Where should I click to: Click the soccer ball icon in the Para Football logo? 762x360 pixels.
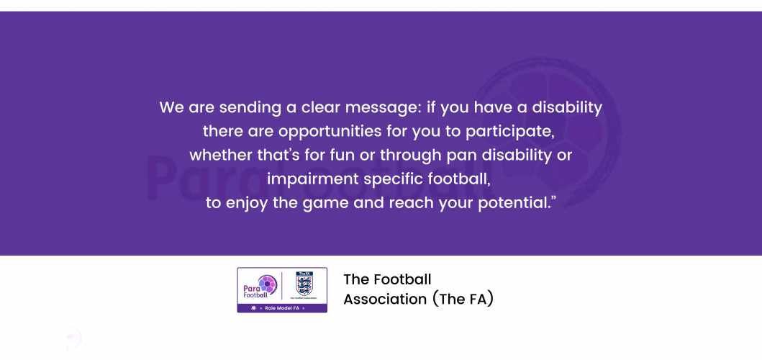pos(267,284)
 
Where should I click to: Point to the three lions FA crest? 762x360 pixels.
pos(304,284)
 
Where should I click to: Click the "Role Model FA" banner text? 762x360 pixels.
pos(278,308)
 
